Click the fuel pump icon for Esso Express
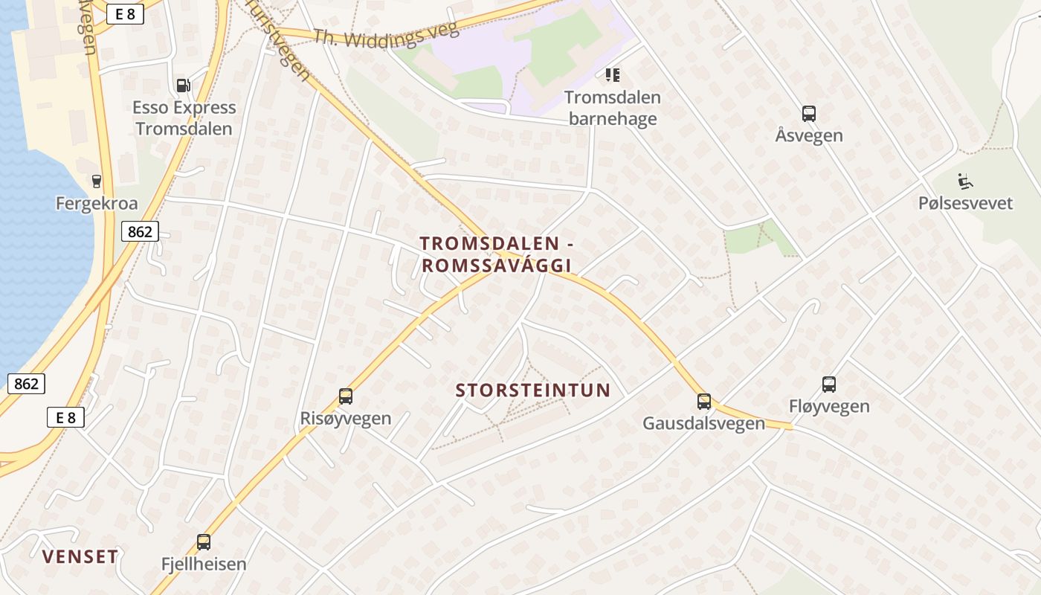[x=183, y=86]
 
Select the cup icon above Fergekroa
[x=96, y=181]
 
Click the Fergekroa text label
[x=97, y=203]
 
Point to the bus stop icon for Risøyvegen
[x=345, y=396]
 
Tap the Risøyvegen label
[x=345, y=418]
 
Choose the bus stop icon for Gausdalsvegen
[x=703, y=402]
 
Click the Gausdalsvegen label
[x=703, y=423]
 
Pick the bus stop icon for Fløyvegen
[x=829, y=385]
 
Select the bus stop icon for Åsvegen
[x=809, y=114]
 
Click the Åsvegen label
[x=809, y=135]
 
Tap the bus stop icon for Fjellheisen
[x=204, y=542]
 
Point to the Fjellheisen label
[x=204, y=564]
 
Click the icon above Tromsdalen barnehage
[x=613, y=74]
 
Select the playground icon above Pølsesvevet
[x=965, y=181]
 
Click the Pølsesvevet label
[x=965, y=202]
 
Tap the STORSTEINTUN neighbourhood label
[x=532, y=390]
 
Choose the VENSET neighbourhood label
[x=80, y=556]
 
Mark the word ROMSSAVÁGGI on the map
[x=496, y=266]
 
